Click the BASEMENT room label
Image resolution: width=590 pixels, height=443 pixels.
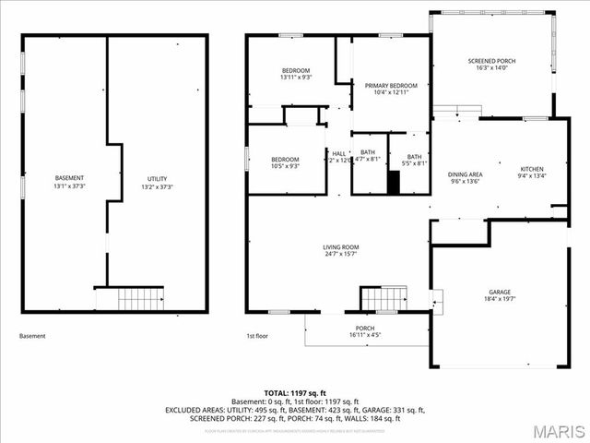click(69, 178)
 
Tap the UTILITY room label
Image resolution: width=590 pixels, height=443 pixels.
click(157, 178)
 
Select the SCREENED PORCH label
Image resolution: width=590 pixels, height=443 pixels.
click(496, 60)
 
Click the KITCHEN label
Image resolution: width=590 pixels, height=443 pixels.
click(533, 169)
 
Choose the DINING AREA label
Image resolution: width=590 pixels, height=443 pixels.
click(466, 174)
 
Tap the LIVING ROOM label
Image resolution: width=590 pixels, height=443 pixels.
click(340, 247)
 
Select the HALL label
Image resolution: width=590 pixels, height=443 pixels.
click(339, 153)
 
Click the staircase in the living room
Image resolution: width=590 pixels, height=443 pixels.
click(383, 299)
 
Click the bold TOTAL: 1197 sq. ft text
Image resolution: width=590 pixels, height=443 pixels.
click(294, 393)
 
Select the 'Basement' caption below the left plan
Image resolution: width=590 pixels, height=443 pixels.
click(32, 336)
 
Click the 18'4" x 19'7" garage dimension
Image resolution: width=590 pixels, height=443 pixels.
click(499, 299)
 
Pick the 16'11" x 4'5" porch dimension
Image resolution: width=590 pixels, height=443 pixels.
click(365, 335)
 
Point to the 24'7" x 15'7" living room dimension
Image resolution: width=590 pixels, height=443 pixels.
click(340, 255)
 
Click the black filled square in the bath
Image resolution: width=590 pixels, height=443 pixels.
click(394, 182)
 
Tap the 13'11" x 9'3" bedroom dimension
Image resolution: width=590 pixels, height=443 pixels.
click(296, 78)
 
